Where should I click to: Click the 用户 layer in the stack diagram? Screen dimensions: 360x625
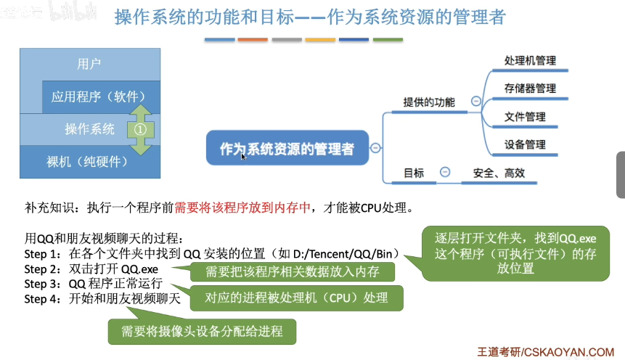coord(89,64)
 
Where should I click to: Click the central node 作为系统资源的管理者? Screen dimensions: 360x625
coord(287,150)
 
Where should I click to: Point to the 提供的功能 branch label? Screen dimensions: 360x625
coord(428,102)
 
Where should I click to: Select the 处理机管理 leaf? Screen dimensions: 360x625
coord(530,61)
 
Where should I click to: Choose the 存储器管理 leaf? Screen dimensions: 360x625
coord(530,89)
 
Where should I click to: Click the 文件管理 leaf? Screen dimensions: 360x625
coord(525,116)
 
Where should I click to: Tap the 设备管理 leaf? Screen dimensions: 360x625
coord(525,144)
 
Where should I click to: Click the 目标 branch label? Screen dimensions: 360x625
coord(414,173)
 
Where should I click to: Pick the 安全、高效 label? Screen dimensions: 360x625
coord(498,173)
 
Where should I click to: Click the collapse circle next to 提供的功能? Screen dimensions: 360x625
coord(475,102)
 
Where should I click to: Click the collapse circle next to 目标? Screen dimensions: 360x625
coord(444,173)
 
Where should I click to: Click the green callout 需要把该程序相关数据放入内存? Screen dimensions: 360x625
coord(292,272)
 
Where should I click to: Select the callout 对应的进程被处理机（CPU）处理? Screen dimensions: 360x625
coord(296,297)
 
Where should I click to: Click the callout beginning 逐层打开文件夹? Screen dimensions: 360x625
coord(515,253)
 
